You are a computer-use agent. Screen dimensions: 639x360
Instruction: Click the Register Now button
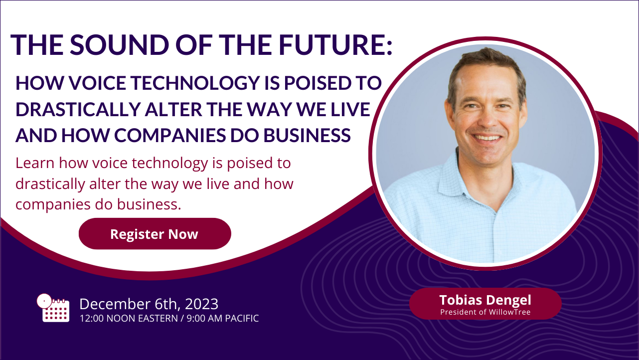coord(155,234)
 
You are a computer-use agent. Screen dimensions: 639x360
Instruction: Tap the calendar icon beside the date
coord(53,308)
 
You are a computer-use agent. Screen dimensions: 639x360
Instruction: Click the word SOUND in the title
coord(120,45)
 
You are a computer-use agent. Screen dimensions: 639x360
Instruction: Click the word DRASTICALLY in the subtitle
coord(78,109)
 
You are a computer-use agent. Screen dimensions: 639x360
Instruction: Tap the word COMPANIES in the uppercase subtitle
coord(170,135)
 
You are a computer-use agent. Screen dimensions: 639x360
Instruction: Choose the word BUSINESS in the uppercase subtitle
coord(307,135)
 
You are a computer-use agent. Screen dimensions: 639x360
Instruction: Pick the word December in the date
coord(115,304)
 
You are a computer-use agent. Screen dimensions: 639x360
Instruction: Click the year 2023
coord(202,304)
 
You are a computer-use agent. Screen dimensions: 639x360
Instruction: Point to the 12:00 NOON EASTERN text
coord(129,318)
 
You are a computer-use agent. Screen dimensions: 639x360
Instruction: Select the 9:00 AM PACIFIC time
coord(223,318)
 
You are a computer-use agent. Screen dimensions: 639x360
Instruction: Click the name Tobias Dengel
coord(485,300)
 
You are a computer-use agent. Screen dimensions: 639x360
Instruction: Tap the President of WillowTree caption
coord(485,312)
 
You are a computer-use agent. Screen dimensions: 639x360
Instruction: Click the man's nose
coord(488,120)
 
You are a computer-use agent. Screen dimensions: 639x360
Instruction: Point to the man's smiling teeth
coord(487,138)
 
